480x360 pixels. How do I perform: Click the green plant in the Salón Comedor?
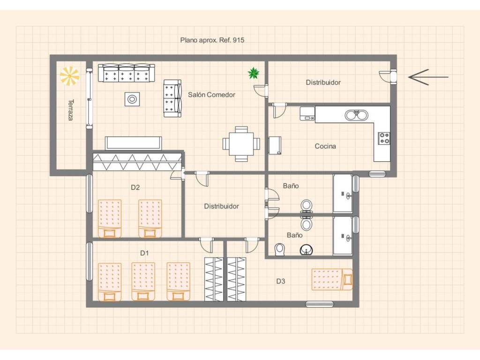click(x=254, y=73)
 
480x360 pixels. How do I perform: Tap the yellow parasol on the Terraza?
click(x=69, y=75)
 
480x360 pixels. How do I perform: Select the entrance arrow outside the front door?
click(x=428, y=77)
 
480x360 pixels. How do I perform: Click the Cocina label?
click(x=325, y=146)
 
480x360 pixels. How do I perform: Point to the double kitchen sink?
click(x=357, y=115)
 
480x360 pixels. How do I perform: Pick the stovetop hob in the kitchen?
click(x=384, y=138)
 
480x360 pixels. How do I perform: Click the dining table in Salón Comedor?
click(x=241, y=143)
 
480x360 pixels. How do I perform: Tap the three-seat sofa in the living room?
click(x=127, y=73)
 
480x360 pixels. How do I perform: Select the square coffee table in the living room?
click(x=132, y=99)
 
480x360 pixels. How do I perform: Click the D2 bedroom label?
click(x=135, y=187)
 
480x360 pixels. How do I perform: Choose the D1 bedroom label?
click(x=144, y=253)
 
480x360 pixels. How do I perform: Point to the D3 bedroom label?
click(x=281, y=281)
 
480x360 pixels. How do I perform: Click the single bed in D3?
click(x=332, y=279)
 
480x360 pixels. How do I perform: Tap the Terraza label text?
click(x=71, y=110)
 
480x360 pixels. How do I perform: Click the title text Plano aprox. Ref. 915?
click(x=212, y=40)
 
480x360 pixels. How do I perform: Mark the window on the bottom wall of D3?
click(x=320, y=304)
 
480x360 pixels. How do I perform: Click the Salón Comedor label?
click(x=211, y=95)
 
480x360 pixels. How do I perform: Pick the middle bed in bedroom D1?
click(x=143, y=282)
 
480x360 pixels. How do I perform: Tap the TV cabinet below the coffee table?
click(x=133, y=143)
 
